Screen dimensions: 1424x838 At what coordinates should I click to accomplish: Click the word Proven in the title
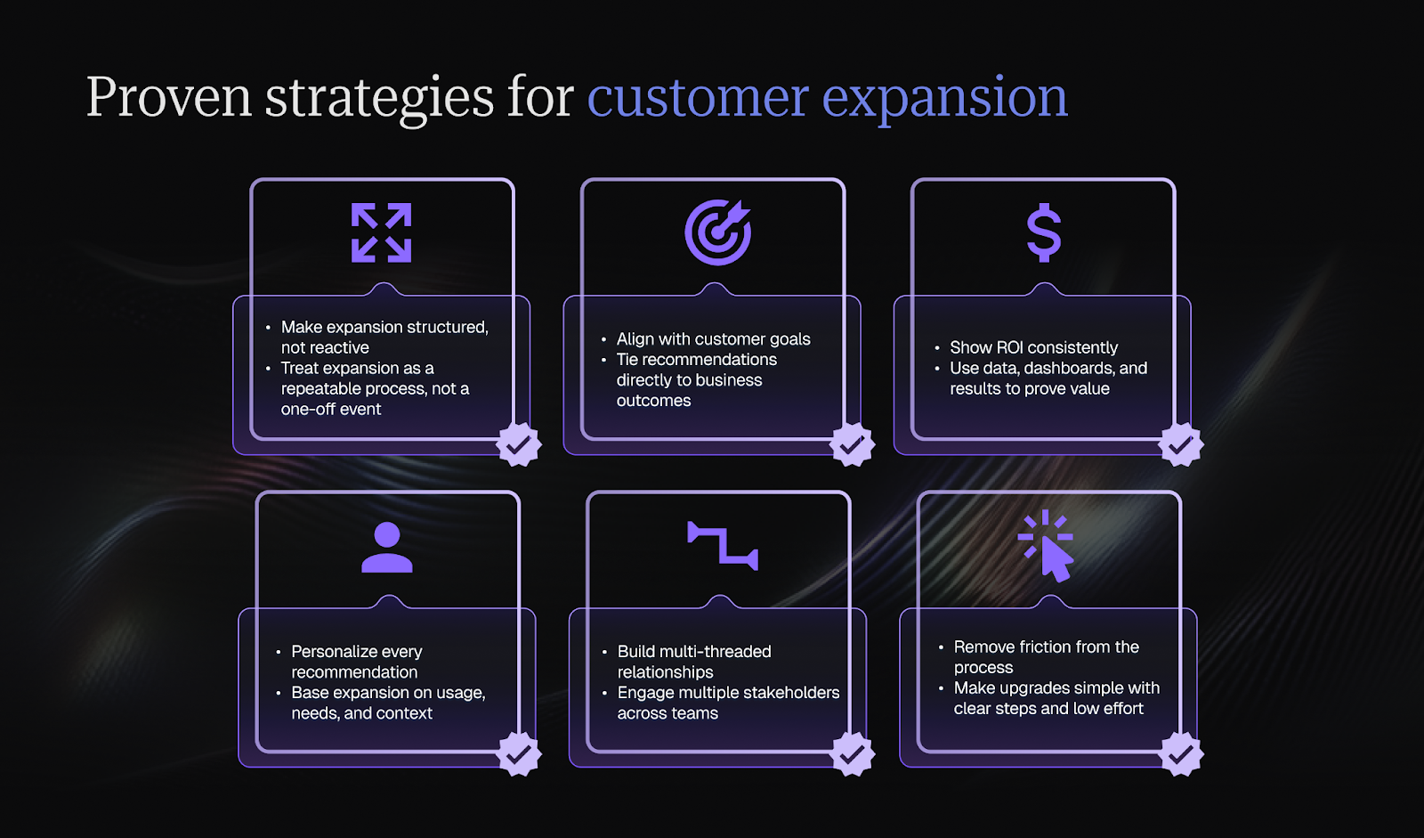[x=169, y=97]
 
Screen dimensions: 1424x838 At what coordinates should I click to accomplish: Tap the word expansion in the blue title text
[x=944, y=97]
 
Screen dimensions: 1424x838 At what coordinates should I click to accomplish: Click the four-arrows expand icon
[x=382, y=233]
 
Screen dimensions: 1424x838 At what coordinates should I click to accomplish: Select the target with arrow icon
[x=717, y=232]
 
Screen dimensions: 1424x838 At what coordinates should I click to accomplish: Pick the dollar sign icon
[x=1043, y=233]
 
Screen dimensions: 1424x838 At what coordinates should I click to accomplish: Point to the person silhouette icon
[x=387, y=548]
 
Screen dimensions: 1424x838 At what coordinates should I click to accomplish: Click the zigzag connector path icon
[x=723, y=545]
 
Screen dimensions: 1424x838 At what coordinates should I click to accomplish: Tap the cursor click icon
[x=1048, y=546]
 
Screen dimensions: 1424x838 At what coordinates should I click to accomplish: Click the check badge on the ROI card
[x=1181, y=443]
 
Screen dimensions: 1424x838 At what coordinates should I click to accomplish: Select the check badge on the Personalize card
[x=519, y=754]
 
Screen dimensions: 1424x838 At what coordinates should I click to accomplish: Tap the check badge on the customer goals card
[x=853, y=443]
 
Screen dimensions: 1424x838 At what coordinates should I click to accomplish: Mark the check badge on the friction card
[x=1182, y=754]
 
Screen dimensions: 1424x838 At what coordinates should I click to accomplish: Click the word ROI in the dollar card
[x=1010, y=347]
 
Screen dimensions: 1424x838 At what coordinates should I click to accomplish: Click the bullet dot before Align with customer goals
[x=604, y=339]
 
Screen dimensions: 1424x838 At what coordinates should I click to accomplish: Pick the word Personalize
[x=331, y=652]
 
